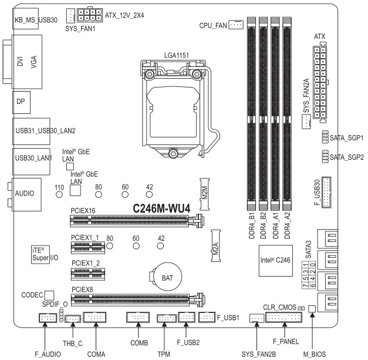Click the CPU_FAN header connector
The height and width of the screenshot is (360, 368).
[235, 25]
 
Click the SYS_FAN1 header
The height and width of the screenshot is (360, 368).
[70, 15]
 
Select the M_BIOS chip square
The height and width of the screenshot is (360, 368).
[312, 308]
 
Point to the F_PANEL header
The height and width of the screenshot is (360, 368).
[283, 318]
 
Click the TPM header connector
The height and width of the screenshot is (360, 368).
[167, 318]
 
